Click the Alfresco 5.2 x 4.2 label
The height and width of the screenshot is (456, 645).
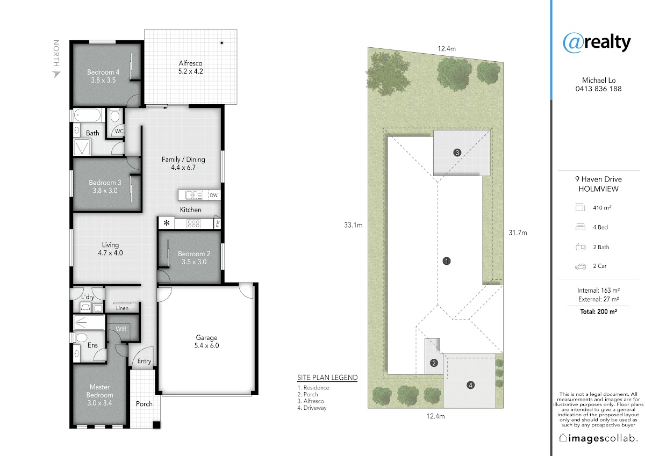[190, 67]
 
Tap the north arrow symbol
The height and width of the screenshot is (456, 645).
[56, 74]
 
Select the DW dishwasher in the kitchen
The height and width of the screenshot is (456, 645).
[214, 196]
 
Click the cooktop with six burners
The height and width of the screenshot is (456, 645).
[193, 223]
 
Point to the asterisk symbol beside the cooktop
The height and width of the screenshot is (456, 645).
[167, 222]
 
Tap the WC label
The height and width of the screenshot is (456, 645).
[119, 131]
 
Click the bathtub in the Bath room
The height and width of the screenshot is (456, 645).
[88, 115]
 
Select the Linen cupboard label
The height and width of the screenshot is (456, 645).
[122, 308]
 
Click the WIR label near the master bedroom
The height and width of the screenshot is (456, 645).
[121, 329]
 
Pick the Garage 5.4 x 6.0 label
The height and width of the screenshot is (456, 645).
[206, 342]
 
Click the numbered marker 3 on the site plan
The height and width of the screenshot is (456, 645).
[457, 153]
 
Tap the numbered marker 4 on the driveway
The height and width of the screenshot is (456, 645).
[470, 385]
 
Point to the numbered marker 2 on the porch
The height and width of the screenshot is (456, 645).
[434, 363]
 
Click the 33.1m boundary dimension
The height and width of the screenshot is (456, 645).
[353, 225]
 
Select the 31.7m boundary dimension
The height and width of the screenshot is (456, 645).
[518, 233]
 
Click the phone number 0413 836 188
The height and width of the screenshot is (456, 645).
[598, 89]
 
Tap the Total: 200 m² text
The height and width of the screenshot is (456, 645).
[598, 312]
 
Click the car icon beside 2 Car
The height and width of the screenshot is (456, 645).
[580, 267]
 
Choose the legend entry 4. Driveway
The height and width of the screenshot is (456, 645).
[312, 408]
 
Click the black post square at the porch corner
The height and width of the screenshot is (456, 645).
[156, 425]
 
